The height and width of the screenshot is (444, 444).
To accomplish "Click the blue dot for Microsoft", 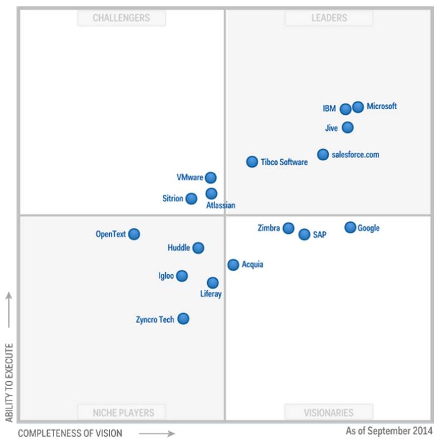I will click(358, 107).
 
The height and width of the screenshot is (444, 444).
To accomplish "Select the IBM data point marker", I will click(345, 109).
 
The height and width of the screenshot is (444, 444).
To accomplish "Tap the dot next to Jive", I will click(348, 128).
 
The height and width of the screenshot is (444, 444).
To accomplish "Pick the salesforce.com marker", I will click(322, 155).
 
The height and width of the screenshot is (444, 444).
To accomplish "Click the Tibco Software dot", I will click(252, 162).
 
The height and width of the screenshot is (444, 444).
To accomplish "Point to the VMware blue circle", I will click(211, 178).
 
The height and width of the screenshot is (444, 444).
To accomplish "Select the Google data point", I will click(350, 228).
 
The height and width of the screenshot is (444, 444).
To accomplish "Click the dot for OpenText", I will click(134, 234).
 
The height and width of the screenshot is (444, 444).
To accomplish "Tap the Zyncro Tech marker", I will click(183, 319).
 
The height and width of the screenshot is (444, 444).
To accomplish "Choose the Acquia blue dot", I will click(233, 265).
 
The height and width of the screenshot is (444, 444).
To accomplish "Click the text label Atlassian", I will click(221, 205).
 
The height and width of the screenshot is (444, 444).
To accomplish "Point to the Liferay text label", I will click(211, 294).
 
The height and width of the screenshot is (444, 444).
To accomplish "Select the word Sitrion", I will click(173, 199).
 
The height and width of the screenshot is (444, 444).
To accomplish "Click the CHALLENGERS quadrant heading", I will click(121, 18).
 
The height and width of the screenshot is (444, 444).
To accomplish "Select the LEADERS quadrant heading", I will click(329, 18).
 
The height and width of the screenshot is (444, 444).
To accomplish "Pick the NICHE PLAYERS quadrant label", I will click(121, 412).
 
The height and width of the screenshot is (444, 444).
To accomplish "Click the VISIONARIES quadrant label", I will click(329, 412).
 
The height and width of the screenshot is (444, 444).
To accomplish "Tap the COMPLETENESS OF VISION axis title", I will click(69, 432).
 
